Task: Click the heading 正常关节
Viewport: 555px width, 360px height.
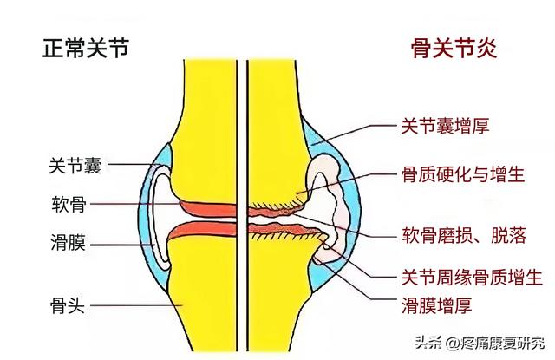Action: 85,49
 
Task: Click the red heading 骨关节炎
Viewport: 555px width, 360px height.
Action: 454,49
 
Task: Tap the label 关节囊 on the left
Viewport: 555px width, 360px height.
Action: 75,166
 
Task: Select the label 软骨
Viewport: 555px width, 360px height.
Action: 69,204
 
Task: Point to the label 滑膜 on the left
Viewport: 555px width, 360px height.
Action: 68,243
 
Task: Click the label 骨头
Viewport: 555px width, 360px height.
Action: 68,305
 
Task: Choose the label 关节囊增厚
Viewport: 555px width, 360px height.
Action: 445,126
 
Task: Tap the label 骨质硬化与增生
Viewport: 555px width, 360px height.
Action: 462,174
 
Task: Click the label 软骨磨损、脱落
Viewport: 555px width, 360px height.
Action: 464,235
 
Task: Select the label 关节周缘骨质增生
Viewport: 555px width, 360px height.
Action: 472,278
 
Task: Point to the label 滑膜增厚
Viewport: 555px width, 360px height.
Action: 436,305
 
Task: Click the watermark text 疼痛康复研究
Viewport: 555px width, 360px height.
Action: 502,343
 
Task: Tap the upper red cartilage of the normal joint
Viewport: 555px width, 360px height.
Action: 209,209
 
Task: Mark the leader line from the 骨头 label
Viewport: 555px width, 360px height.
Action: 137,305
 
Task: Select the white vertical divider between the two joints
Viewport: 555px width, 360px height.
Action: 242,206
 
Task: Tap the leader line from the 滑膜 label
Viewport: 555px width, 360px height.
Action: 122,245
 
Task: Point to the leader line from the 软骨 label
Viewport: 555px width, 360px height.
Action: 135,204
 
